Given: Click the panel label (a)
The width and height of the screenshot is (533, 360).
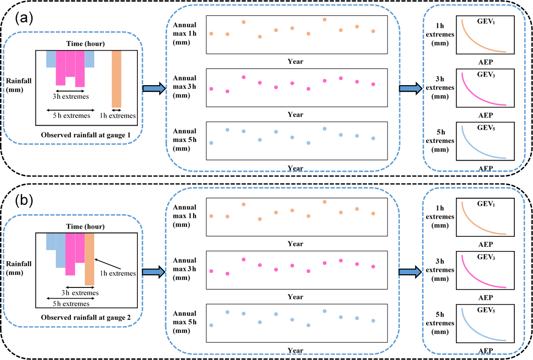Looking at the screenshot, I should click(x=24, y=19).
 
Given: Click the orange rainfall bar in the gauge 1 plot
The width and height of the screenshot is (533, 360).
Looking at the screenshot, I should click(x=117, y=79).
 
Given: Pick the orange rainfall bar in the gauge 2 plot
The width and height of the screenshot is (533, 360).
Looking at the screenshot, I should click(x=89, y=259).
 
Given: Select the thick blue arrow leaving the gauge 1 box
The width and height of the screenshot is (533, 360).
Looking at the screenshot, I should click(x=153, y=89).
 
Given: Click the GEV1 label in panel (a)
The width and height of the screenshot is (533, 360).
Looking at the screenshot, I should click(x=486, y=22).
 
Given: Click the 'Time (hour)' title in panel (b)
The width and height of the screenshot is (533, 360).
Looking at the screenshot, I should click(x=86, y=226).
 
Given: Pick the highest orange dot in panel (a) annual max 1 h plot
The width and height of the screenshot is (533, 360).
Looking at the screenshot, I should click(x=324, y=19).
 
